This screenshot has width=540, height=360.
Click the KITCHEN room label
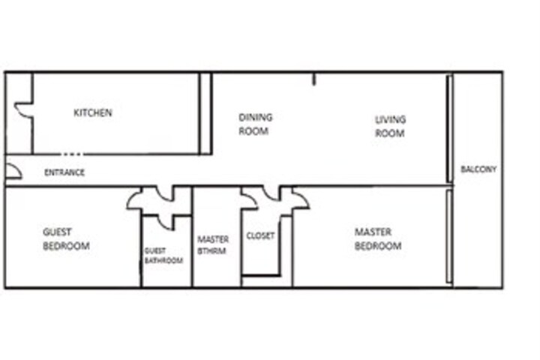[93, 112]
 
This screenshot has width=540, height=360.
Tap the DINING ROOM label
[256, 124]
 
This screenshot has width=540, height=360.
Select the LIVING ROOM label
[390, 126]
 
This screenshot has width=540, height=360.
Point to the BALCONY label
[478, 169]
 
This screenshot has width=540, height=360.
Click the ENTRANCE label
[64, 172]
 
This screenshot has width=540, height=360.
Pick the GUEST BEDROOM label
[66, 238]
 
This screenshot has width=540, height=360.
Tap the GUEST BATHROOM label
[163, 256]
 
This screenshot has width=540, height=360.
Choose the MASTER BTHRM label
[212, 245]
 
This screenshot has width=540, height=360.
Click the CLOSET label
[260, 235]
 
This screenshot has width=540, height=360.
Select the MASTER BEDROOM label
[378, 238]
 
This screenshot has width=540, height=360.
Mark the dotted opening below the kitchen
[72, 154]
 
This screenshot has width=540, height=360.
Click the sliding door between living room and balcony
[449, 129]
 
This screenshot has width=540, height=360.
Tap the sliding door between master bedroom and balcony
[449, 236]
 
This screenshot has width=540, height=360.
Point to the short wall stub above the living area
[313, 79]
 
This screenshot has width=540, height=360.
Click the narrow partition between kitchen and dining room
[205, 113]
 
